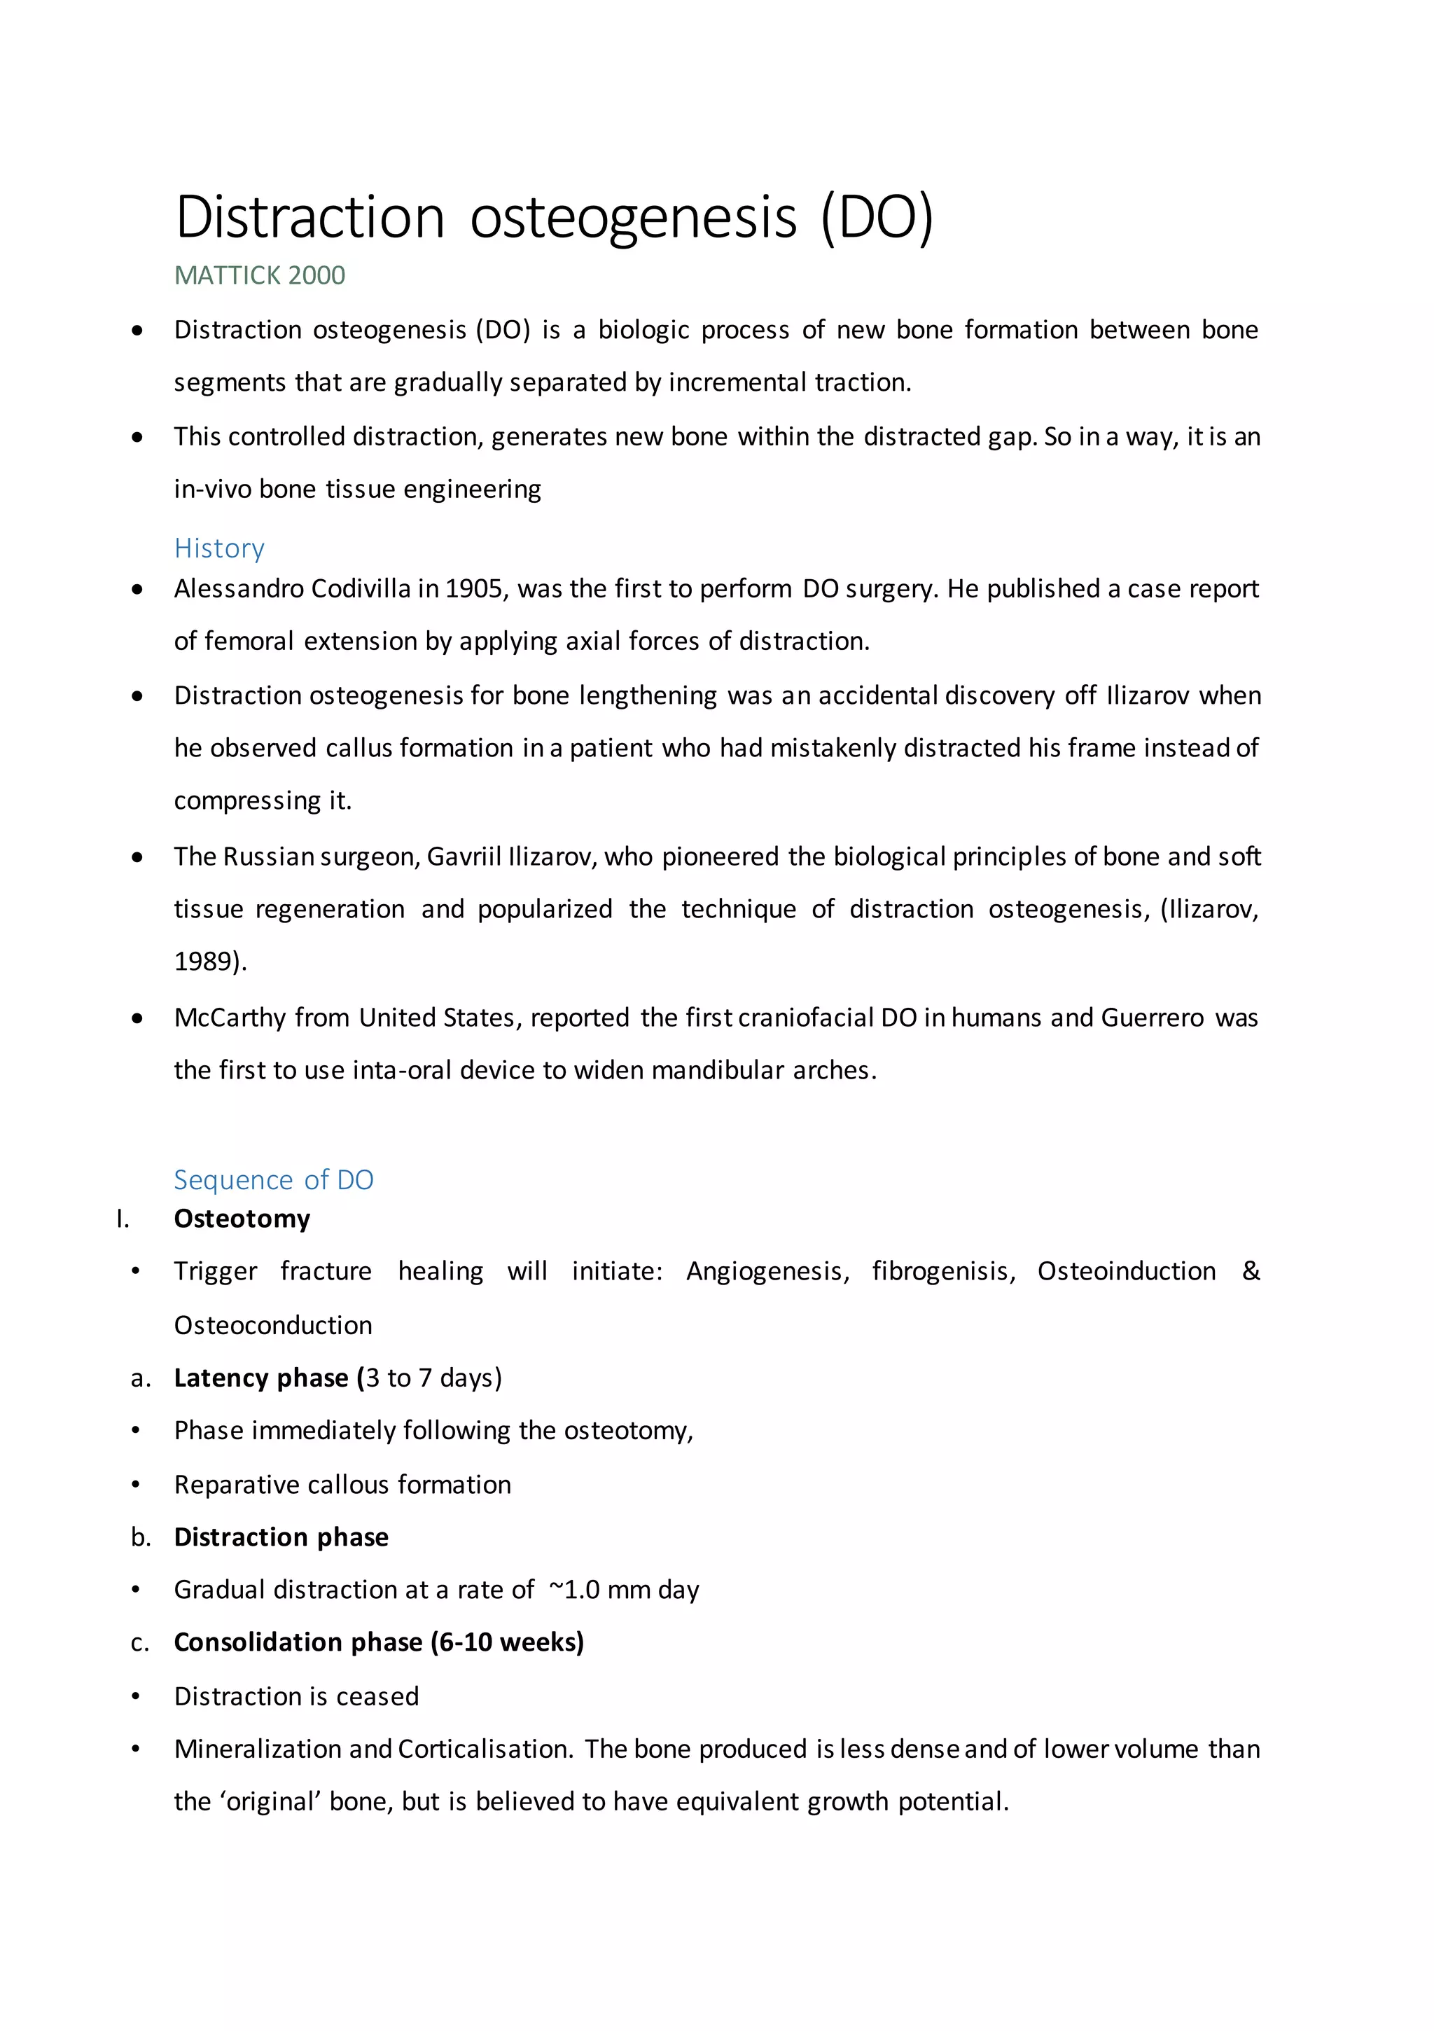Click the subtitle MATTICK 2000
pyautogui.click(x=259, y=276)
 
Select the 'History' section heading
pyautogui.click(x=218, y=548)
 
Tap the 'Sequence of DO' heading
pyautogui.click(x=273, y=1180)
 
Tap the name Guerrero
pyautogui.click(x=1152, y=1018)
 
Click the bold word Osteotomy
pyautogui.click(x=242, y=1219)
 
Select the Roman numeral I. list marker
pyautogui.click(x=123, y=1220)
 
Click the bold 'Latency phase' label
pyautogui.click(x=261, y=1378)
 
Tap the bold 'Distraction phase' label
pyautogui.click(x=281, y=1537)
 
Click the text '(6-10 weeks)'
pyautogui.click(x=507, y=1643)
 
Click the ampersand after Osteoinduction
pyautogui.click(x=1250, y=1271)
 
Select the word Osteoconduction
pyautogui.click(x=272, y=1326)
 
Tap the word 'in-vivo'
pyautogui.click(x=212, y=489)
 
